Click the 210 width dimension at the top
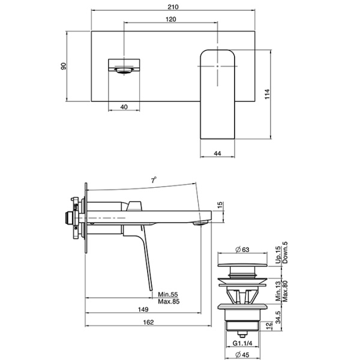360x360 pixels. point(174,7)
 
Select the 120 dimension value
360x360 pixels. point(170,19)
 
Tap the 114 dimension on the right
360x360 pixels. point(268,94)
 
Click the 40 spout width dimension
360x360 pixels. point(124,106)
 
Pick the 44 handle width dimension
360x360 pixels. point(217,154)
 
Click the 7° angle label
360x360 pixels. point(154,179)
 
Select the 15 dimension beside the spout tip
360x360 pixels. point(220,206)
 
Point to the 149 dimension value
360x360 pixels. point(143,310)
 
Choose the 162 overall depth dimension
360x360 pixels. point(149,323)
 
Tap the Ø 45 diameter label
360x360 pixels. point(242,355)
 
